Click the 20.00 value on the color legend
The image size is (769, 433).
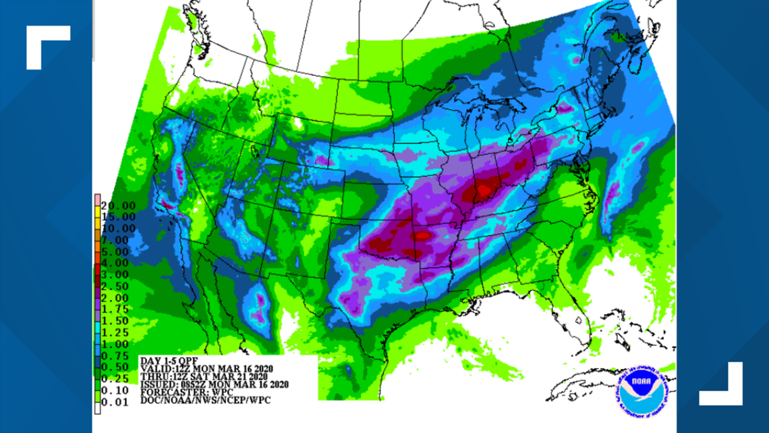click(118, 205)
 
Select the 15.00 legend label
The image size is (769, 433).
click(118, 217)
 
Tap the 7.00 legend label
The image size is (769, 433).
click(118, 239)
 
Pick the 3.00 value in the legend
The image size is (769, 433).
click(118, 273)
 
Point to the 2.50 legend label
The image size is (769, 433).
click(118, 284)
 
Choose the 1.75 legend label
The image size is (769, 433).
click(118, 307)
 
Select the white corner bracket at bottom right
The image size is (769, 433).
click(721, 384)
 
